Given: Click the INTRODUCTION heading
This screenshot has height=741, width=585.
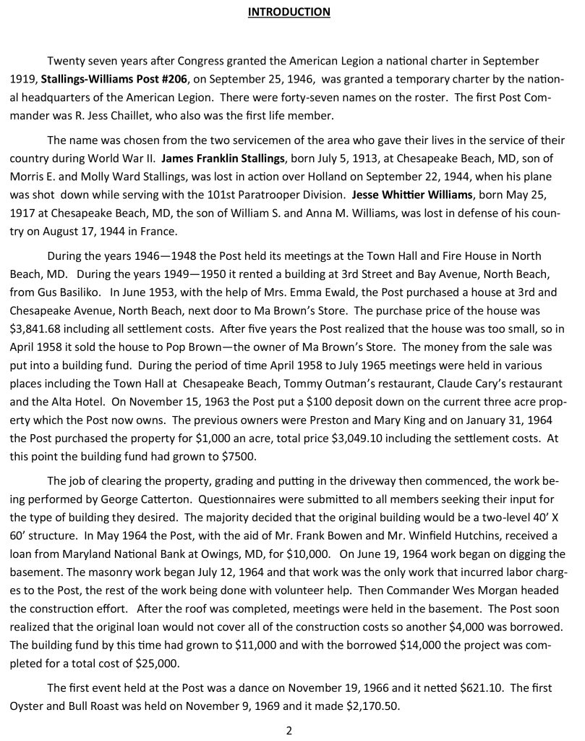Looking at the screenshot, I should (289, 12).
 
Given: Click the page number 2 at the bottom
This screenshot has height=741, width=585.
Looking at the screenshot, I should (289, 730).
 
